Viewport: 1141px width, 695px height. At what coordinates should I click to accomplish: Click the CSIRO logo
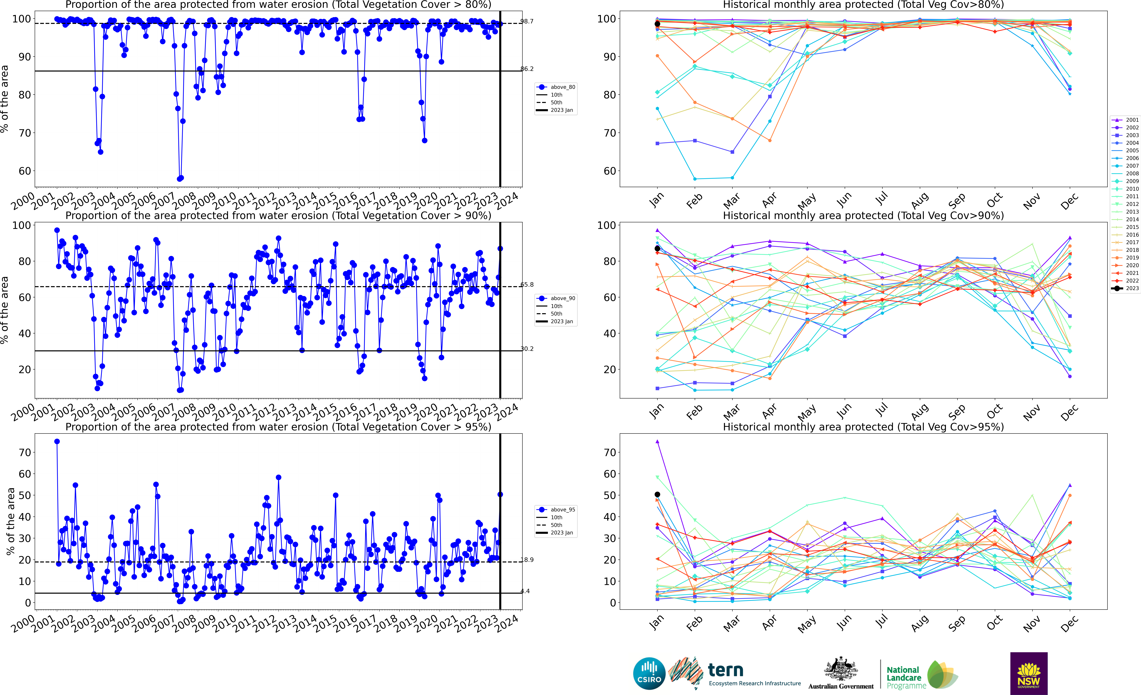point(649,673)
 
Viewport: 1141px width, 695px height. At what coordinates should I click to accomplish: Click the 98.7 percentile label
point(527,21)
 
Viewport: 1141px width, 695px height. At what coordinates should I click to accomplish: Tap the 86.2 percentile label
point(527,69)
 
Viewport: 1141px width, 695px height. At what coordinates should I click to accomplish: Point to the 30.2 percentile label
point(527,349)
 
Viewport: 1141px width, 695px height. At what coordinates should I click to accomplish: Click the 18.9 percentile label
point(527,560)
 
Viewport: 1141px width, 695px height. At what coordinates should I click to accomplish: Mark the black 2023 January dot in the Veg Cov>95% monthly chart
point(657,494)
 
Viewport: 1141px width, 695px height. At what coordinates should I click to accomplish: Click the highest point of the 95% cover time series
point(57,442)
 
